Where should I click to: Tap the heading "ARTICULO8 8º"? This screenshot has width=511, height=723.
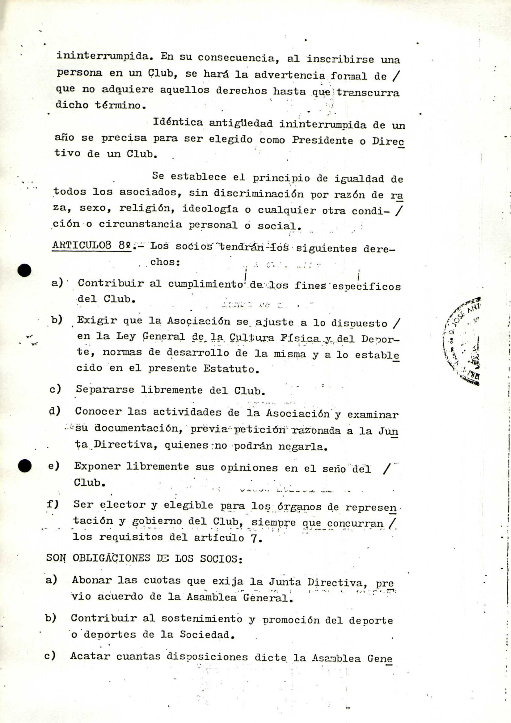point(91,245)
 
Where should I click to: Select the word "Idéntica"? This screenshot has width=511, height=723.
point(178,122)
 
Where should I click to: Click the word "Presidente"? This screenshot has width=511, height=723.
point(322,140)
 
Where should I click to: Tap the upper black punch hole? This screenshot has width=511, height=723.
point(24,270)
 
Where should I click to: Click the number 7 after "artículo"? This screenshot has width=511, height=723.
point(254,539)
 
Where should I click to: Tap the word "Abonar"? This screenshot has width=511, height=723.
point(91,580)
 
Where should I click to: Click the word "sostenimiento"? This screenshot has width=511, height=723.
point(202,619)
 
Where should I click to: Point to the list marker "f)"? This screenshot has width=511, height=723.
point(53,504)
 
